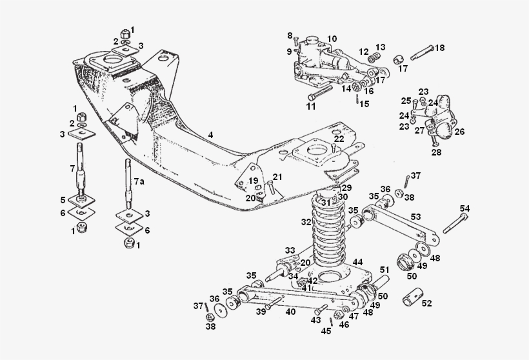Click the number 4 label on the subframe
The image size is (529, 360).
pyautogui.click(x=210, y=135)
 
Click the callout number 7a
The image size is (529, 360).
pyautogui.click(x=139, y=182)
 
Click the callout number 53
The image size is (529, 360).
pyautogui.click(x=415, y=217)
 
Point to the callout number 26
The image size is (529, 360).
pyautogui.click(x=459, y=132)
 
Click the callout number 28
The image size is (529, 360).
pyautogui.click(x=437, y=153)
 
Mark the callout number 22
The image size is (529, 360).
pyautogui.click(x=339, y=139)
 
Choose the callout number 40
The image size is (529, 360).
pyautogui.click(x=290, y=312)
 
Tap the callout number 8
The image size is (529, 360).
pyautogui.click(x=290, y=35)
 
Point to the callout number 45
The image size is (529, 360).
pyautogui.click(x=326, y=331)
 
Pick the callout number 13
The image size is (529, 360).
pyautogui.click(x=380, y=47)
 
